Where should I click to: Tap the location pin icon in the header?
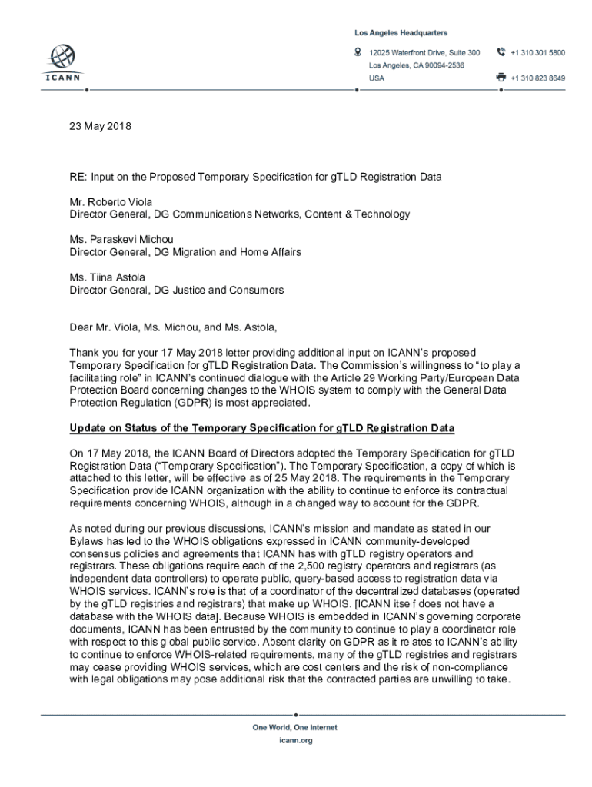click(358, 52)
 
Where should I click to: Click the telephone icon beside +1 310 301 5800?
click(501, 52)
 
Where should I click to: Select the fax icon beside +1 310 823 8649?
click(501, 78)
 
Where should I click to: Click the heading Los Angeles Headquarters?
click(401, 33)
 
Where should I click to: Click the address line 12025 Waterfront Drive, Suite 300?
click(424, 52)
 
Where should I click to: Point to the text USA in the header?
click(377, 78)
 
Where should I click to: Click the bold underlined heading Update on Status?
click(262, 427)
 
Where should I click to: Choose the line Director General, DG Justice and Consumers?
click(177, 290)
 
